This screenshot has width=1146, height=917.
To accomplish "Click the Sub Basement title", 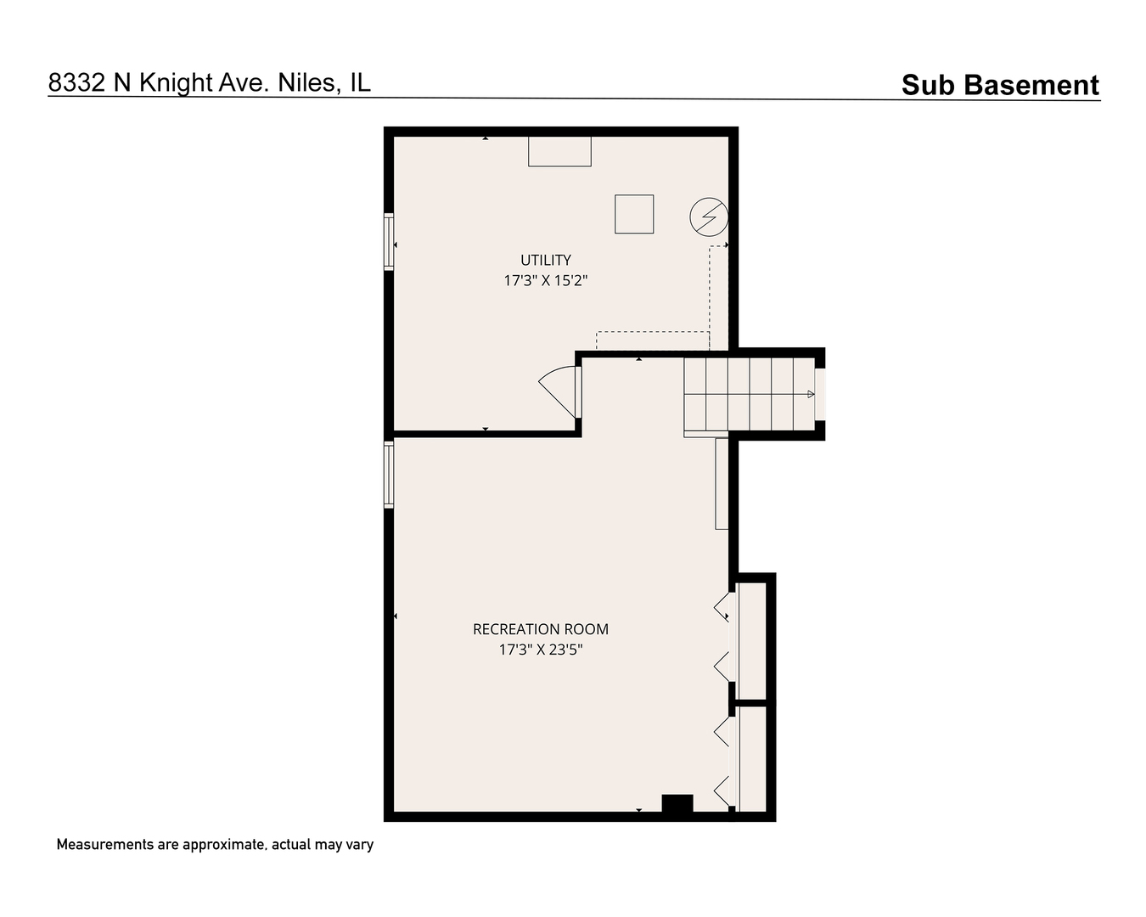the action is pos(1000,85).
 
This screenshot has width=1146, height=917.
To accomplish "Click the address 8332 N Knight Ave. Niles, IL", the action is pos(209,82).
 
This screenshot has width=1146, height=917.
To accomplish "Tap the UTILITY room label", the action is pos(545,260).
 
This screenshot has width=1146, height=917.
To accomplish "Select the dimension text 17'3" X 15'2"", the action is pos(545,280).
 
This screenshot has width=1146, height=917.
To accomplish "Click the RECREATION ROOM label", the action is pos(540,629).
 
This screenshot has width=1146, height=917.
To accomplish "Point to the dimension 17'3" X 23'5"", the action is pos(540,650).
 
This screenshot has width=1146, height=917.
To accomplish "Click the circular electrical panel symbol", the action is pos(708,217).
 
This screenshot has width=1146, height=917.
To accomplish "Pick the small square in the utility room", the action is pos(634,213).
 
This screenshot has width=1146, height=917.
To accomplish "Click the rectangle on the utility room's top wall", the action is pos(559,151).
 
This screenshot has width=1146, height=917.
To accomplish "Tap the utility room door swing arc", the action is pos(558,390).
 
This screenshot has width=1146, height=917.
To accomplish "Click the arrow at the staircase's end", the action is pos(811,394).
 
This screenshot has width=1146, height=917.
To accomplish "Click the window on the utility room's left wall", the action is pos(389,242).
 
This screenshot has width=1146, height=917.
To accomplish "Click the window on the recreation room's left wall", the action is pos(389,474).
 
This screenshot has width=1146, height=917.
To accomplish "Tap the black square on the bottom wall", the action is pos(677,804).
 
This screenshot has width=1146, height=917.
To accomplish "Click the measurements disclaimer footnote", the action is pos(215,845).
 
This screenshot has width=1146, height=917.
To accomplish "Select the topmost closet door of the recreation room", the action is pos(722,605).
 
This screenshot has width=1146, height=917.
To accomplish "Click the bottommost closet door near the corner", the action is pos(722,791).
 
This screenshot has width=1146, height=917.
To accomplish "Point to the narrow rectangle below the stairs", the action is pos(722,483).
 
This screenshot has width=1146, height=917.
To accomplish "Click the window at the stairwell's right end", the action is pos(820,394).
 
